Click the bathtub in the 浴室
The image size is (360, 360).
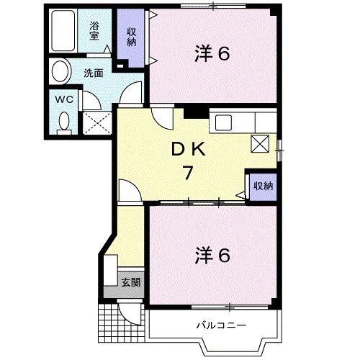pyautogui.click(x=63, y=30)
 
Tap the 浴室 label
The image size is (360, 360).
pyautogui.click(x=94, y=31)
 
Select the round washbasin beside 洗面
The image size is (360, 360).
pyautogui.click(x=61, y=72)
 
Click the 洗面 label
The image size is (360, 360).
pyautogui.click(x=94, y=73)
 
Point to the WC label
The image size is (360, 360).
pyautogui.click(x=64, y=99)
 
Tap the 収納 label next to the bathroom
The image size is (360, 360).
pyautogui.click(x=132, y=37)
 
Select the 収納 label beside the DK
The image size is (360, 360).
pyautogui.click(x=264, y=186)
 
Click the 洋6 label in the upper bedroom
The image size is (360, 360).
pyautogui.click(x=212, y=54)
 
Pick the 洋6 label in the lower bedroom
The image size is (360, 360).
pyautogui.click(x=212, y=256)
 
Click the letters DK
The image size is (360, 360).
pyautogui.click(x=188, y=150)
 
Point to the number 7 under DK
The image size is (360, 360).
pyautogui.click(x=188, y=173)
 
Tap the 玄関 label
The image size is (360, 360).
pyautogui.click(x=131, y=282)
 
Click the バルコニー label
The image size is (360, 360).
pyautogui.click(x=221, y=325)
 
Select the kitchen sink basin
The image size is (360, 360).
pyautogui.click(x=223, y=122)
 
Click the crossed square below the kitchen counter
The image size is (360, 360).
pyautogui.click(x=260, y=143)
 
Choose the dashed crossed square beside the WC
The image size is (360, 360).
pyautogui.click(x=97, y=123)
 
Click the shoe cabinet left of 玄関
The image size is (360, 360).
pyautogui.click(x=111, y=270)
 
